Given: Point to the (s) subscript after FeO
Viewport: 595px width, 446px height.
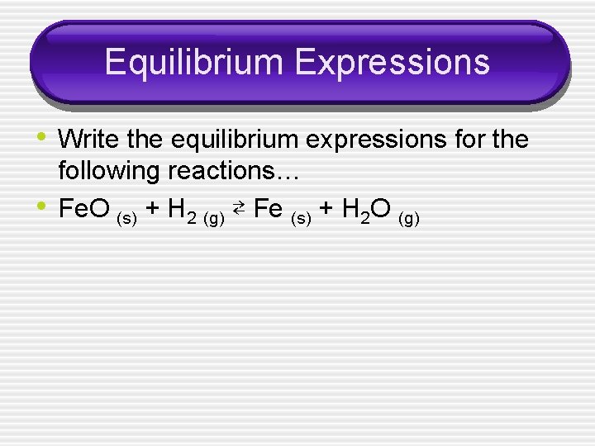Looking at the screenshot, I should (x=127, y=219).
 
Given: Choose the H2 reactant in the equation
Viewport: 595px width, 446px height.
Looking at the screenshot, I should (x=180, y=211).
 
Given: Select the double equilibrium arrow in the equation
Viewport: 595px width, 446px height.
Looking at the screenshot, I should (x=238, y=210).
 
